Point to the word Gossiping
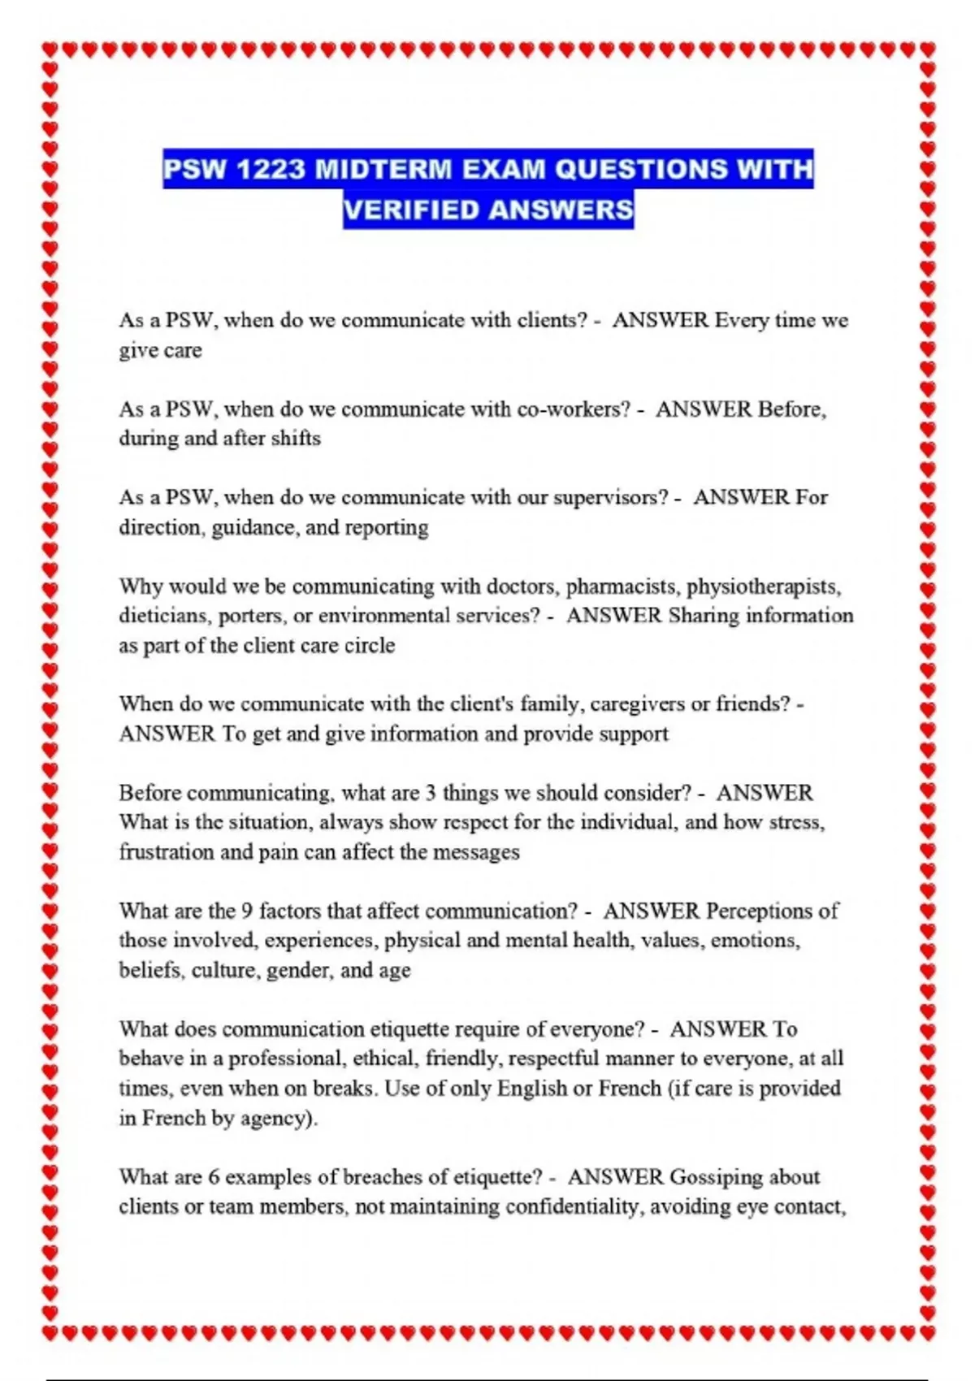pyautogui.click(x=717, y=1177)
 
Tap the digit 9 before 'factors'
pyautogui.click(x=247, y=911)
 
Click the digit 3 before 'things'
pyautogui.click(x=431, y=793)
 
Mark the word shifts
pyautogui.click(x=296, y=439)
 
